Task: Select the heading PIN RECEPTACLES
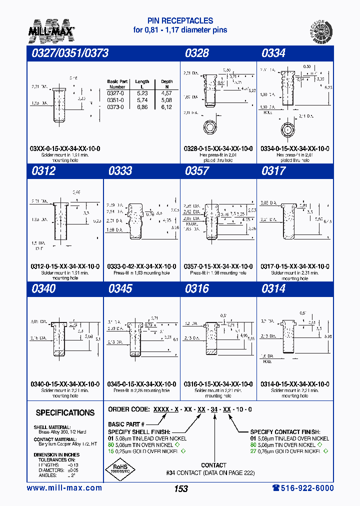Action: click(180, 21)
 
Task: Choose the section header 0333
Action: click(120, 171)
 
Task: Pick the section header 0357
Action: click(197, 171)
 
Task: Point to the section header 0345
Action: click(120, 288)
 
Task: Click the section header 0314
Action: click(273, 288)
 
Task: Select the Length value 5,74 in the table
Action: click(142, 100)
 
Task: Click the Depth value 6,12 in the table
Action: click(167, 107)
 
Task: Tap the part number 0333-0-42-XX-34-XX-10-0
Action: click(141, 266)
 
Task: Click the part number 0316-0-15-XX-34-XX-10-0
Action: click(218, 384)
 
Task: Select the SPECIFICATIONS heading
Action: click(65, 413)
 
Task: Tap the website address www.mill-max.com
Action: click(64, 488)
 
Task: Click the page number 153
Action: click(181, 489)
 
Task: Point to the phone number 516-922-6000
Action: click(302, 488)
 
